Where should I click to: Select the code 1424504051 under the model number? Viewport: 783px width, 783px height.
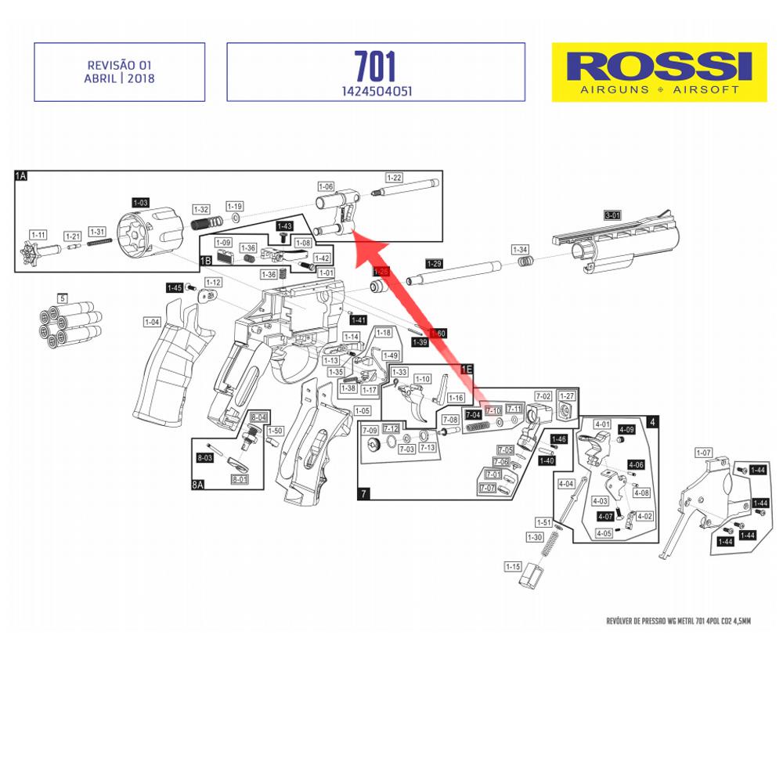pos(375,91)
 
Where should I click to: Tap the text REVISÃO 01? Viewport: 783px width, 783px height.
pos(119,66)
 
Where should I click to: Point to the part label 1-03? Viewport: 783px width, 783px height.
pos(140,202)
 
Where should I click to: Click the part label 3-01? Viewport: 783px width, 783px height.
pos(612,215)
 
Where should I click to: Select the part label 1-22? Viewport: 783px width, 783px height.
pos(393,178)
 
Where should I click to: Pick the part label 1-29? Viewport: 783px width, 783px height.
pos(434,262)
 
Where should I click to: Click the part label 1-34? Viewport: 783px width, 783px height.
pos(520,249)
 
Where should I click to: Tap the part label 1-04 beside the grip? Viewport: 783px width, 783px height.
pos(152,322)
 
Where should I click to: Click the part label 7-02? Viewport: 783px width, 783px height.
pos(543,396)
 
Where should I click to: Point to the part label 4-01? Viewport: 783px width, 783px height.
pos(602,424)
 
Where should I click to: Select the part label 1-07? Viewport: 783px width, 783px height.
pos(703,453)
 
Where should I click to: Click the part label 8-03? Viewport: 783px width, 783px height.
pos(205,457)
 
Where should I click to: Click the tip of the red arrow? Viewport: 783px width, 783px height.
pos(352,233)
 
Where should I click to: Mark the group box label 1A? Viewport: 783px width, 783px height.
pos(21,177)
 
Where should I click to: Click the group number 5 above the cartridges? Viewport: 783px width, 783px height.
pos(63,298)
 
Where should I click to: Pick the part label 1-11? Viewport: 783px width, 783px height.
pos(38,235)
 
